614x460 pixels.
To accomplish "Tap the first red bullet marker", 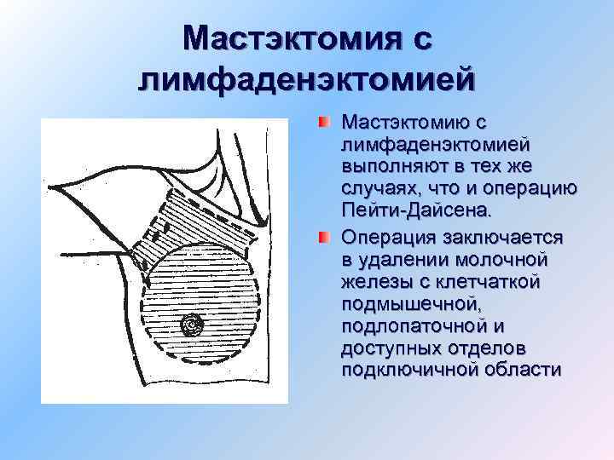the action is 323,124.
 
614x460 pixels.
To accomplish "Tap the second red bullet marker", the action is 323,235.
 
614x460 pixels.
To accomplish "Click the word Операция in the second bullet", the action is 380,236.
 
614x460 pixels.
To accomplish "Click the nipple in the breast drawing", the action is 191,325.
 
